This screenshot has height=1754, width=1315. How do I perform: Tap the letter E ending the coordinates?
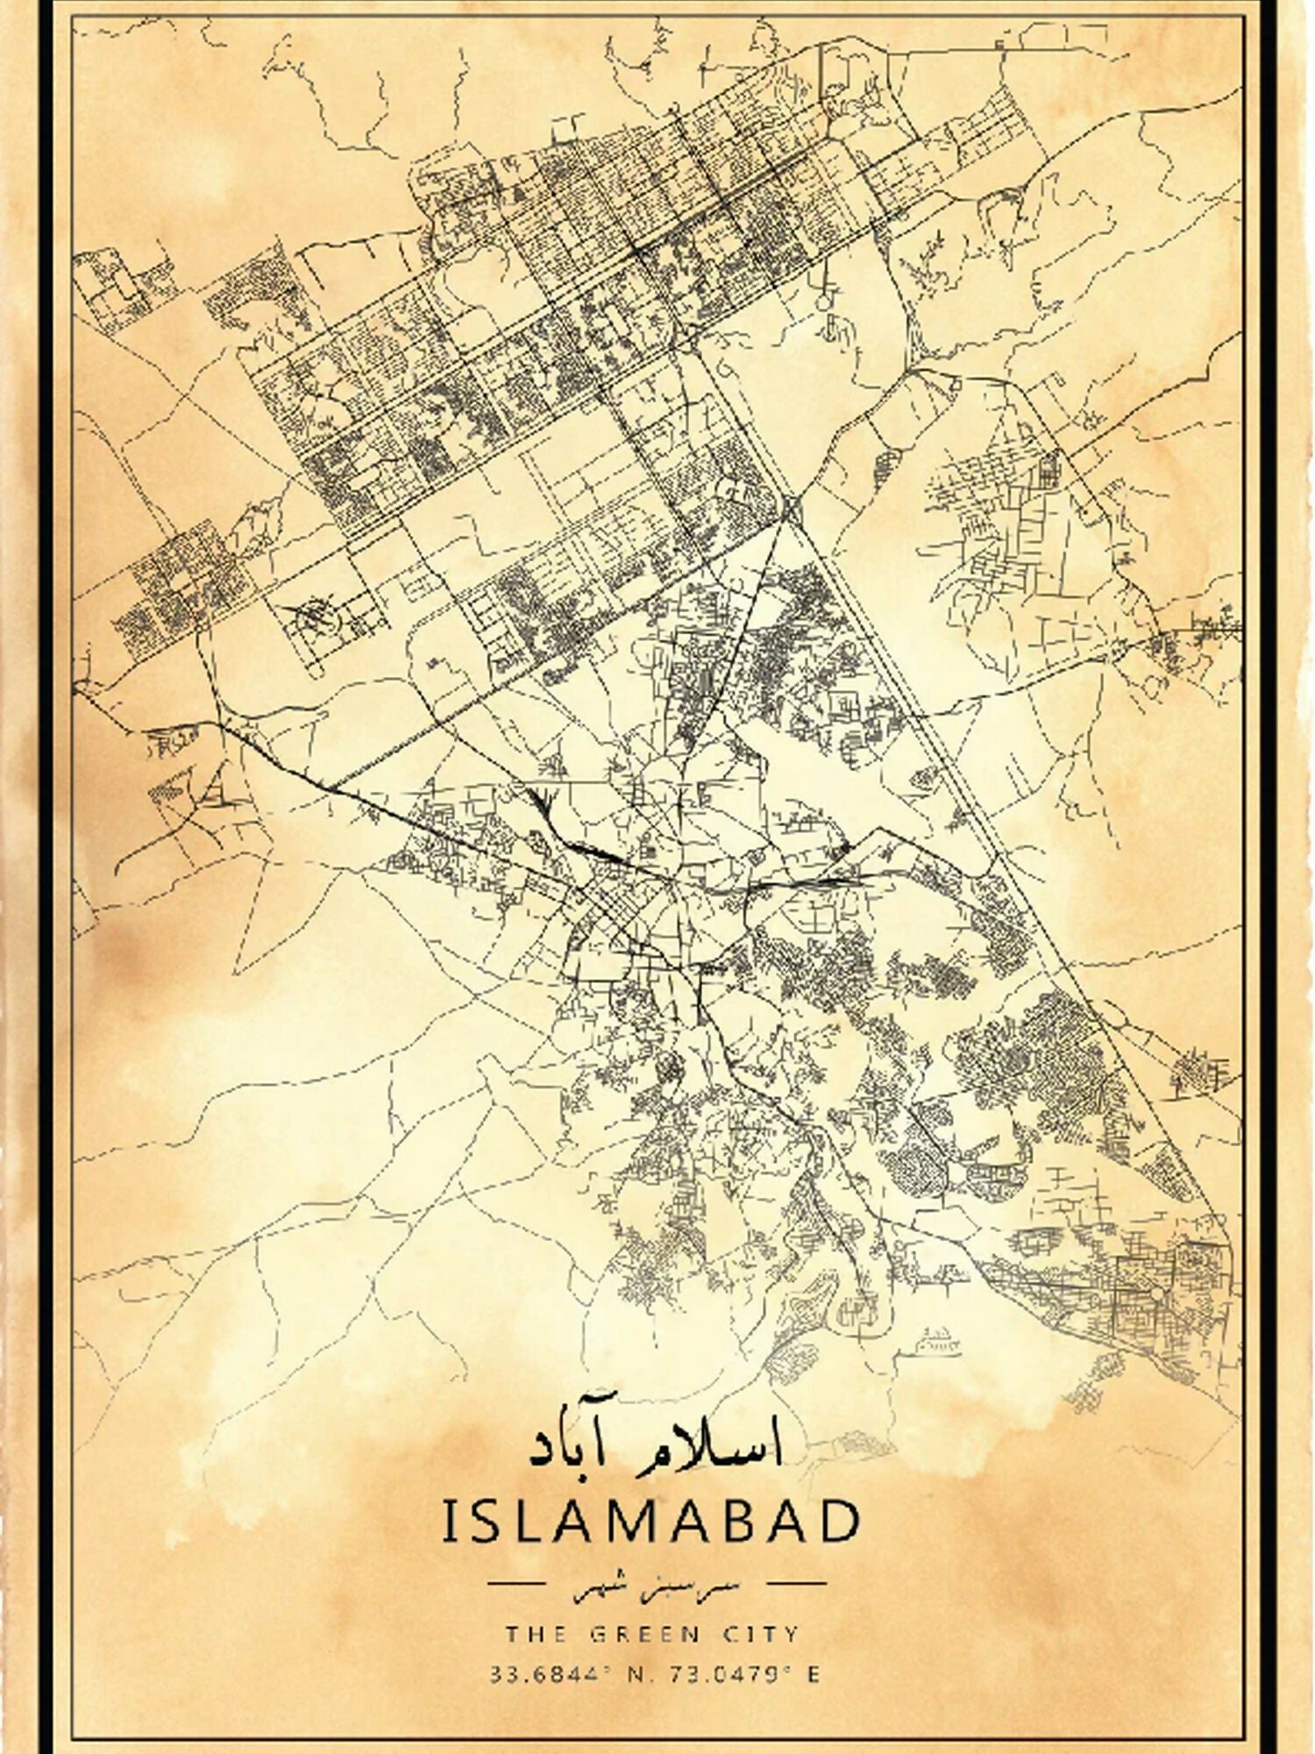[813, 1675]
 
